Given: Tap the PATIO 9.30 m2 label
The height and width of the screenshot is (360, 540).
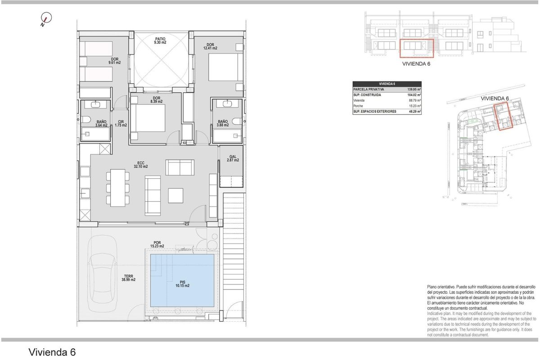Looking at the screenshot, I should (x=160, y=40).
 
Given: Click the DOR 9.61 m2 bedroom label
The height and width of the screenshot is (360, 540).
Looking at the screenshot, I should (x=114, y=61).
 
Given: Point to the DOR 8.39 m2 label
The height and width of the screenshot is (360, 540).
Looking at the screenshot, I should (x=157, y=100).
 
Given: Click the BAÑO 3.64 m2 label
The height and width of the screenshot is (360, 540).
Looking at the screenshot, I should (x=101, y=123).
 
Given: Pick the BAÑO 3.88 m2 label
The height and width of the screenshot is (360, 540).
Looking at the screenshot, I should (x=223, y=123).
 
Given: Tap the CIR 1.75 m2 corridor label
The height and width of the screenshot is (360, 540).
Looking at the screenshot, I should (x=121, y=123).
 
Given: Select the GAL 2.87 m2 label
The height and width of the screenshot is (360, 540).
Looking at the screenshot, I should (x=233, y=158).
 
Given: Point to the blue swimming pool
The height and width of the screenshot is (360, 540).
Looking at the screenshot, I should (x=182, y=280).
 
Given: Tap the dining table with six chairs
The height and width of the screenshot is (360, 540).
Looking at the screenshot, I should (x=118, y=187).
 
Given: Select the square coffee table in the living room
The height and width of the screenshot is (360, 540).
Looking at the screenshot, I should (x=176, y=195).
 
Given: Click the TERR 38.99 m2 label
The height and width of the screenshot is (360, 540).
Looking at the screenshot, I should (x=128, y=278).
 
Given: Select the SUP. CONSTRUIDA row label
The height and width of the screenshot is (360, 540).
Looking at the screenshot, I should (x=368, y=95).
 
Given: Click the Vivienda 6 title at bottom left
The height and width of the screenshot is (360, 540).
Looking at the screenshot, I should (x=52, y=351).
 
